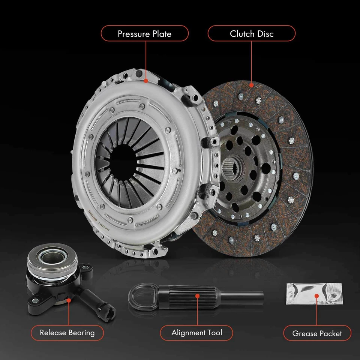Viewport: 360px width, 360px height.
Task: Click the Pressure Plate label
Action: click(144, 34)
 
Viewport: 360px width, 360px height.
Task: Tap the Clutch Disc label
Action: click(252, 34)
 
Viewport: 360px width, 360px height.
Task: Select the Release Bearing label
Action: click(67, 333)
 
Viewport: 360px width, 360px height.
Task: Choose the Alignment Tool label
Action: click(196, 333)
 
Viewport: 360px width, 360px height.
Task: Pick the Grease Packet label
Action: click(317, 333)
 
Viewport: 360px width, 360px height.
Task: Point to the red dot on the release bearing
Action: click(68, 300)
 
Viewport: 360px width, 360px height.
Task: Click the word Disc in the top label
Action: click(265, 34)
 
